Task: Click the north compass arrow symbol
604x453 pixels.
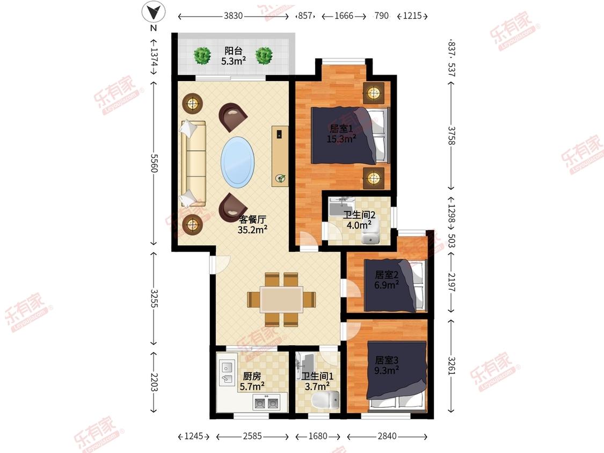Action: [x=154, y=12]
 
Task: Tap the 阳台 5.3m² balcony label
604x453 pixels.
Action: [x=234, y=55]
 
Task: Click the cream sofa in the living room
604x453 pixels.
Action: [x=193, y=163]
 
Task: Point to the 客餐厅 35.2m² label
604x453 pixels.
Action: [x=252, y=224]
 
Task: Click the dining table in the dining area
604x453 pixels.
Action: [x=281, y=299]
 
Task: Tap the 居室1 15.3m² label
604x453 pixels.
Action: [x=341, y=134]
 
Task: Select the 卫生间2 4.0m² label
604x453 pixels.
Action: [x=359, y=220]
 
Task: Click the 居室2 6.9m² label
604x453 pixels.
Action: [x=387, y=280]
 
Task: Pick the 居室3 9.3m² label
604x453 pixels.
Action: [x=387, y=365]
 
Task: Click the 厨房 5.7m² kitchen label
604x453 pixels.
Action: [x=252, y=381]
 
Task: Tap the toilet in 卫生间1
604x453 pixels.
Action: [x=325, y=400]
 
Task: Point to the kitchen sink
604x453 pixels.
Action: [x=227, y=372]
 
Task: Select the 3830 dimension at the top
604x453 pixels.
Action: [x=234, y=16]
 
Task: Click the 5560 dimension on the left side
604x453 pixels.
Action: [x=154, y=163]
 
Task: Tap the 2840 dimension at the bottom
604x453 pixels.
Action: [x=387, y=436]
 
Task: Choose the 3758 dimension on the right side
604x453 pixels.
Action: [x=452, y=136]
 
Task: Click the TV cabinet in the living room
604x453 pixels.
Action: [x=280, y=156]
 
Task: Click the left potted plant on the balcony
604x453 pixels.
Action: [x=202, y=56]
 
